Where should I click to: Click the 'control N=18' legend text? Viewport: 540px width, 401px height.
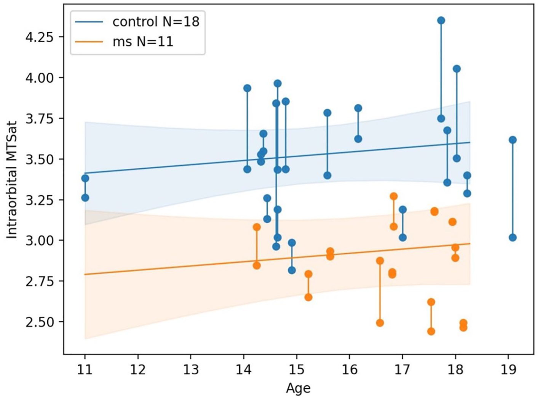(156, 22)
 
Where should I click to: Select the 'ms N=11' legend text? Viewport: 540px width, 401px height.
(143, 42)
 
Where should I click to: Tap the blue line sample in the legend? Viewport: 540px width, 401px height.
(89, 22)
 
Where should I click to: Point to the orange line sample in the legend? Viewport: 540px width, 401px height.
(89, 42)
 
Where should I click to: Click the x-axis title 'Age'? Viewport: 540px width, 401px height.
(298, 388)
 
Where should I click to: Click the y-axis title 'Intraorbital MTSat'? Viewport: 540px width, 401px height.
(12, 180)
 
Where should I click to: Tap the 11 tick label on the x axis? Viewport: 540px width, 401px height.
(85, 369)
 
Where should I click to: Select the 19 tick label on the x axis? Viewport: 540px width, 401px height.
(508, 369)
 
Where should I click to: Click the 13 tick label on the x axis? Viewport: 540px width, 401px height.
(191, 369)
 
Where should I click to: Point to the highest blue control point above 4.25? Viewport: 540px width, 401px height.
(441, 21)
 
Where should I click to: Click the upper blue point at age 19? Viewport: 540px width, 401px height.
(513, 140)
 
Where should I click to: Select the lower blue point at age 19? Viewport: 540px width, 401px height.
(513, 238)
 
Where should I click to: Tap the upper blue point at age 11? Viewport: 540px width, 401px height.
(85, 178)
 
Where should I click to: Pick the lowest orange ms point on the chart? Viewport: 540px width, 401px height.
(431, 331)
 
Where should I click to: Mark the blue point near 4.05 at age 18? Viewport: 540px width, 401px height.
(457, 69)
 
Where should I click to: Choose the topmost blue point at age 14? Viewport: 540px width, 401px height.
(248, 88)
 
